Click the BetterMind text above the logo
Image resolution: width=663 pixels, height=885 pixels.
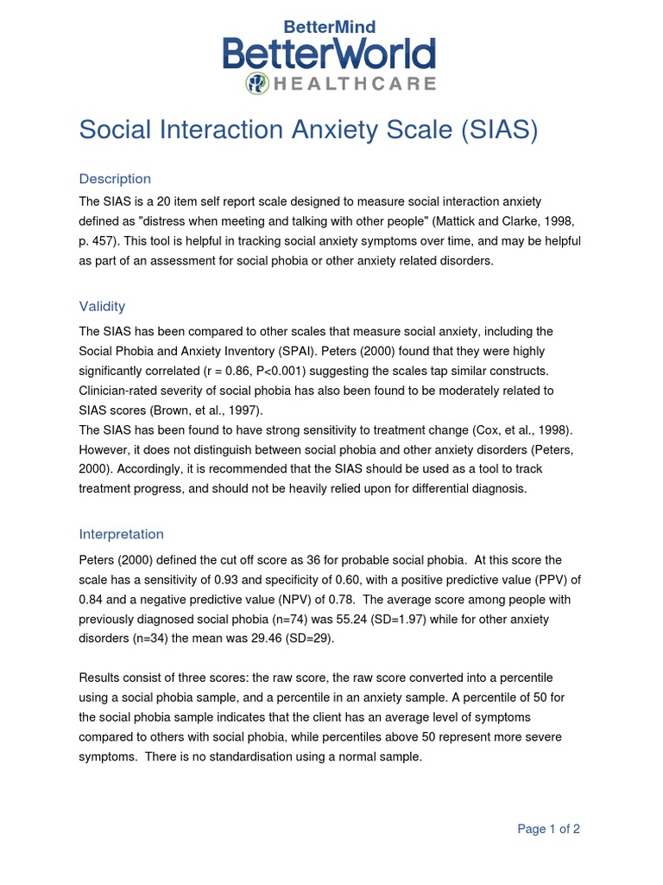coord(330,27)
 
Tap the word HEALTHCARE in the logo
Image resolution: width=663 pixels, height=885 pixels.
coord(354,84)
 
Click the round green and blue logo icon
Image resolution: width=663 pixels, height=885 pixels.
coord(257,83)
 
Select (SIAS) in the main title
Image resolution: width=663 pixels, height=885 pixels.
coord(498,130)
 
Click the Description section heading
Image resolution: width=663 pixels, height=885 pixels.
coord(115,179)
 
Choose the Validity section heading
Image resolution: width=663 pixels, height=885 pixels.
coord(102,306)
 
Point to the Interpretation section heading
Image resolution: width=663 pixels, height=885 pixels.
coord(121,534)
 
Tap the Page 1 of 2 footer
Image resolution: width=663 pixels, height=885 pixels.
coord(548,829)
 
